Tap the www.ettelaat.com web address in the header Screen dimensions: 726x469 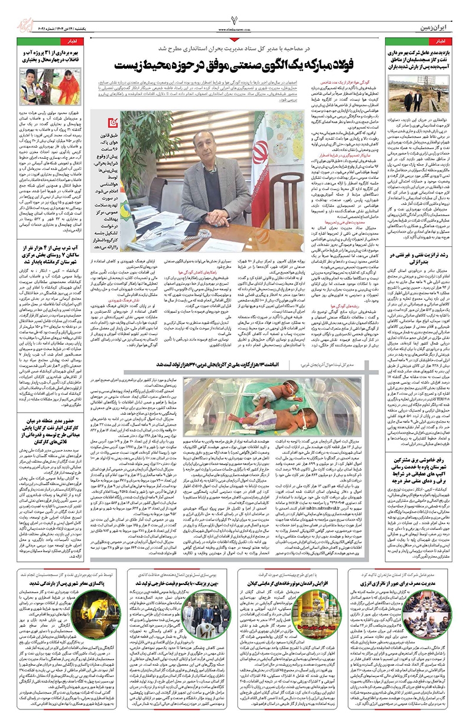(234, 27)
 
